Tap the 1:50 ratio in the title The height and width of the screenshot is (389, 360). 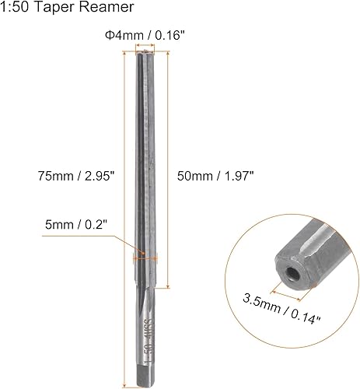pyautogui.click(x=16, y=8)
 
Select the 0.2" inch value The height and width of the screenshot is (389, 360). pyautogui.click(x=96, y=225)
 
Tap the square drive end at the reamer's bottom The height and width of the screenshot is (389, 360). pyautogui.click(x=143, y=377)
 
